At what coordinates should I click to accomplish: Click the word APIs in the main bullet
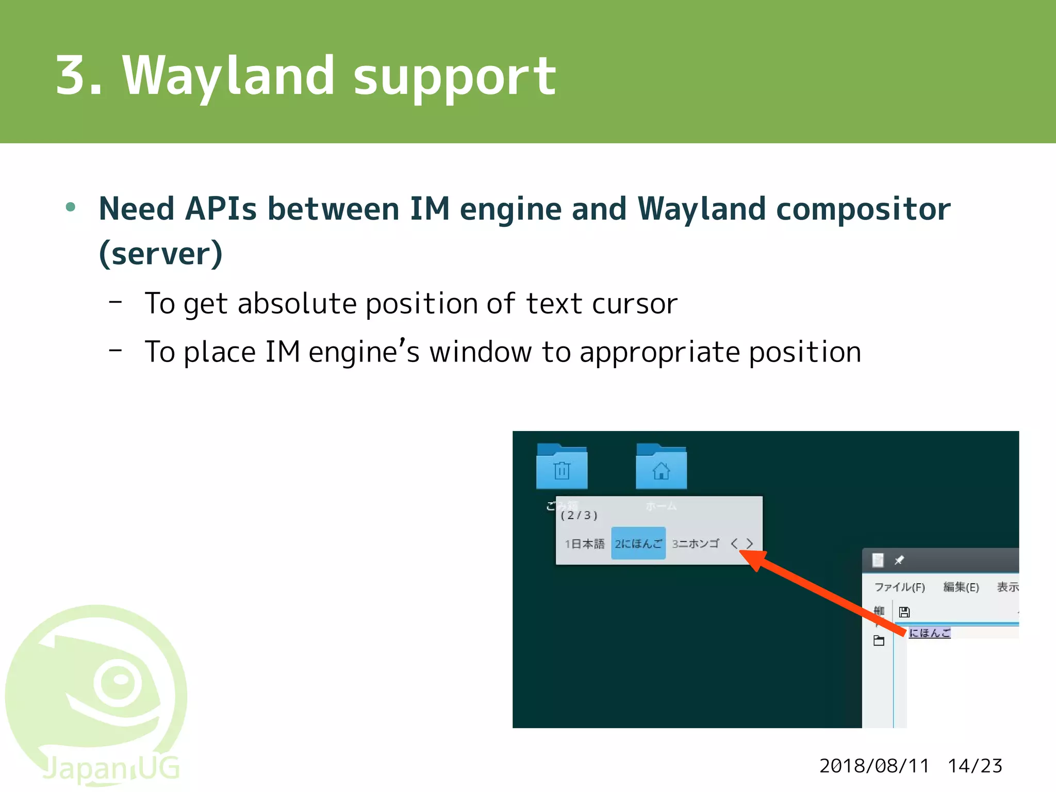221,209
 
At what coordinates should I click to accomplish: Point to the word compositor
863,209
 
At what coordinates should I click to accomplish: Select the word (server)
161,254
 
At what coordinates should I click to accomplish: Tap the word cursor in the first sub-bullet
634,304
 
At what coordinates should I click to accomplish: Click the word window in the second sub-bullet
480,353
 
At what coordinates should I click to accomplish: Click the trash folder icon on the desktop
562,467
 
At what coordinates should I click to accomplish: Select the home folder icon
661,467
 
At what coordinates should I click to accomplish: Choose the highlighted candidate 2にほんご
638,543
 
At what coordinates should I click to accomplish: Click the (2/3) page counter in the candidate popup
579,515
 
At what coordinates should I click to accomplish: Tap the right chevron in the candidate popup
750,543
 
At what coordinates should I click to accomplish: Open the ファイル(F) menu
899,587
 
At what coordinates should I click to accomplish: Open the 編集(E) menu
961,587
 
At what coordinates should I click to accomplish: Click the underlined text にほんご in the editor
929,633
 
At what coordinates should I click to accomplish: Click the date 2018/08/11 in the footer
874,766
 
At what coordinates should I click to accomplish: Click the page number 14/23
975,766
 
